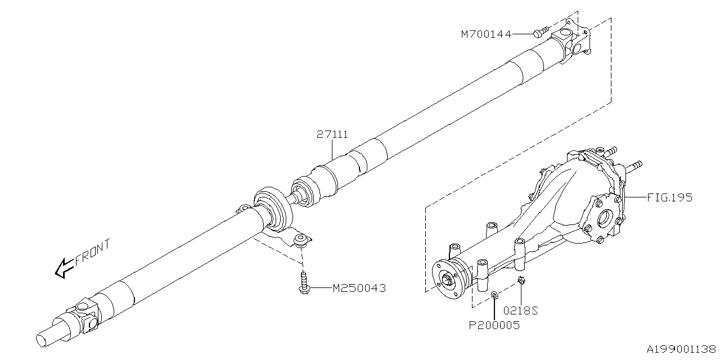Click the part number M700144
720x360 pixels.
[x=486, y=34]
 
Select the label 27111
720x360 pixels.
[x=332, y=135]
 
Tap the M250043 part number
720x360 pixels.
[x=359, y=289]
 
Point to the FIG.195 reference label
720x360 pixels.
[x=669, y=198]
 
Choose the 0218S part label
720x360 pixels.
[x=521, y=310]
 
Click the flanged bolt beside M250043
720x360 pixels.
[x=303, y=283]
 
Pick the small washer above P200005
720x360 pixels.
[x=494, y=294]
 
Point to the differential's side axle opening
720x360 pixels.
[x=606, y=217]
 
